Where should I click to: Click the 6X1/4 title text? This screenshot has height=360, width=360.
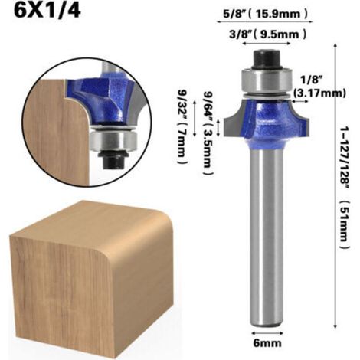point(47,11)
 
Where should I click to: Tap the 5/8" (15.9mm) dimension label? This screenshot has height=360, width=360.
point(266,14)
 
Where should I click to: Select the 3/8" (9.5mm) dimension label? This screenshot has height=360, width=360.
point(267,34)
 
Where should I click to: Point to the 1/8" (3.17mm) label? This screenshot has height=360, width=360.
point(319,87)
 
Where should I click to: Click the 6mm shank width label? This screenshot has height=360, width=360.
point(267,343)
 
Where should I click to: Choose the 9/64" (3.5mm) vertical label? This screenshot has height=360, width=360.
point(208,133)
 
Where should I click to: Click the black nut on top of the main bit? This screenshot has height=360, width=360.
point(267,60)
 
